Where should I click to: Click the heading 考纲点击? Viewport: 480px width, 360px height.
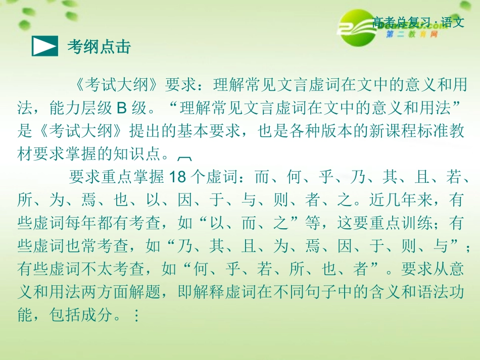click(x=99, y=46)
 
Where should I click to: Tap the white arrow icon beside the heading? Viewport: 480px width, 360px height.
click(x=44, y=46)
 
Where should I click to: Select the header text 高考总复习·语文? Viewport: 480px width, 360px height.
click(x=418, y=23)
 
